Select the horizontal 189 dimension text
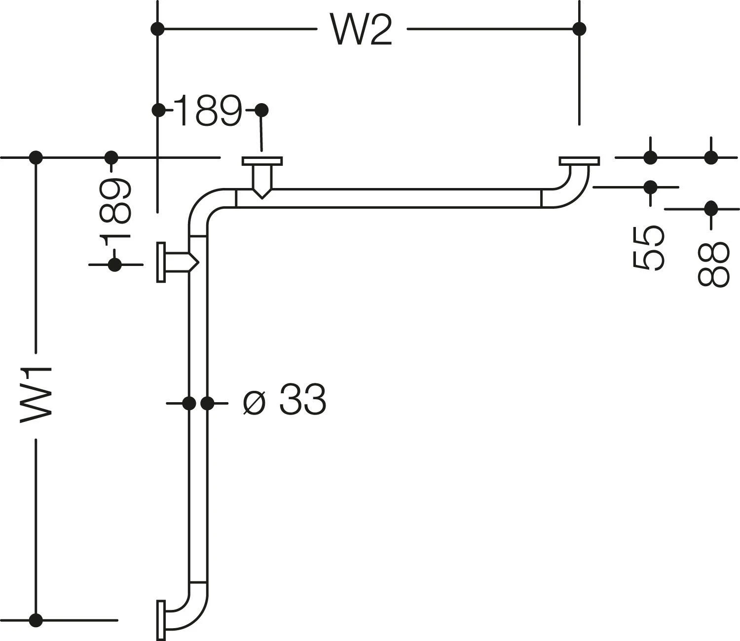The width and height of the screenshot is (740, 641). [x=208, y=111]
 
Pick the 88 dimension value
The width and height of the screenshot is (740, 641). [x=712, y=264]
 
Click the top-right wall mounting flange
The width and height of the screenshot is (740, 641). [x=579, y=161]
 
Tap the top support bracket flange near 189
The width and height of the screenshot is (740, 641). [x=262, y=161]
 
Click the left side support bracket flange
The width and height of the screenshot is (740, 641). [x=161, y=262]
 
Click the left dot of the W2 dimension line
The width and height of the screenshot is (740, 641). [x=157, y=29]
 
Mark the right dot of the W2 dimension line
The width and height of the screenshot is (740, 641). [x=580, y=29]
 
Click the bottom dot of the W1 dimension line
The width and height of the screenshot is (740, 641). [x=36, y=619]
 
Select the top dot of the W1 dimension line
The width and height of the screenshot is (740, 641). [x=36, y=157]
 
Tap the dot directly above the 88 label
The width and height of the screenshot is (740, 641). [x=711, y=208]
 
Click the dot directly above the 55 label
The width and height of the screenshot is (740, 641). [x=651, y=187]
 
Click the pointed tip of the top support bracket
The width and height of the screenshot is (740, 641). [x=262, y=197]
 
